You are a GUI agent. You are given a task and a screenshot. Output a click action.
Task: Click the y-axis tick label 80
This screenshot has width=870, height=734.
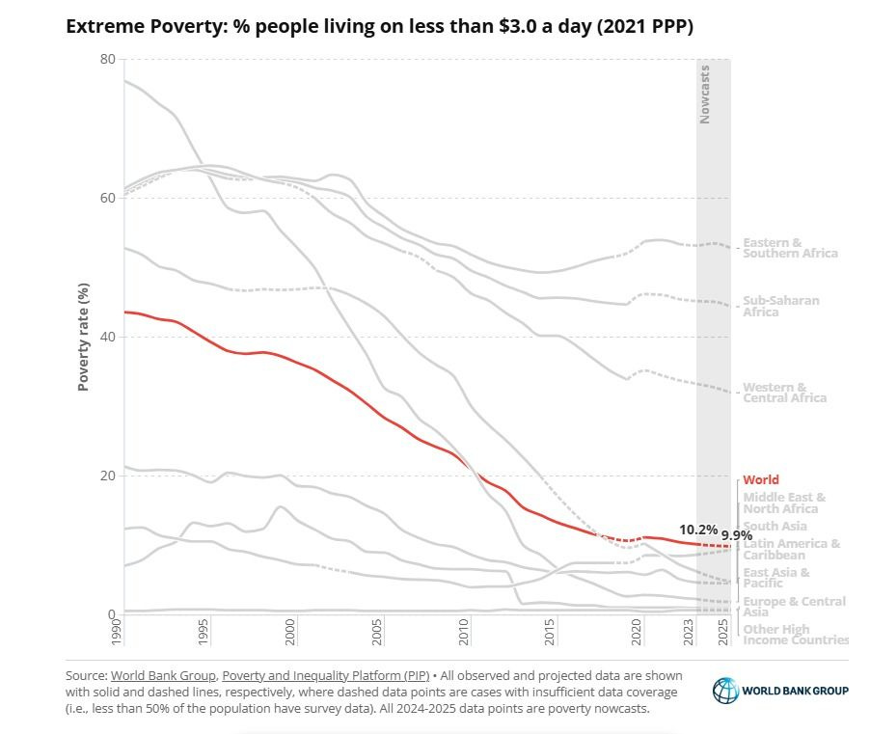[x=107, y=59]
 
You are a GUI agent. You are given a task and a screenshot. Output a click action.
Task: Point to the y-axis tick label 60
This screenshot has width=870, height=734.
[x=107, y=198]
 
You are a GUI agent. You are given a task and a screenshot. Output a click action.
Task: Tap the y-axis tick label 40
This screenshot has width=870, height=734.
[x=107, y=337]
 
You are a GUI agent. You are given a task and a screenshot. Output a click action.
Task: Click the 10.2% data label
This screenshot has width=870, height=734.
[x=697, y=530]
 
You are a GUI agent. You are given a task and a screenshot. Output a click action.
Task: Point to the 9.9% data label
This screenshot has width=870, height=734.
[x=736, y=535]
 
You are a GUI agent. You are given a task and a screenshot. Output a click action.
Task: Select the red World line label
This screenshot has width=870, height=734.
[x=760, y=479]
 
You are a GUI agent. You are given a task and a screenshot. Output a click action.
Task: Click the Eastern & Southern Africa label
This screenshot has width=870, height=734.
[x=789, y=248]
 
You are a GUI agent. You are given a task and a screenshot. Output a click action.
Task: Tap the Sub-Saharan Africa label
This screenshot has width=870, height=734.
[x=780, y=306]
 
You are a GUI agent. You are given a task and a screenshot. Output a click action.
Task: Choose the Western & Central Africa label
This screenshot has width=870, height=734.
[x=784, y=393]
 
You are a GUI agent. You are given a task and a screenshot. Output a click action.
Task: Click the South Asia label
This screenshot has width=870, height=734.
[x=775, y=526]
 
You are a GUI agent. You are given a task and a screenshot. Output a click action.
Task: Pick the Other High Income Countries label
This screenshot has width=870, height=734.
[x=795, y=635]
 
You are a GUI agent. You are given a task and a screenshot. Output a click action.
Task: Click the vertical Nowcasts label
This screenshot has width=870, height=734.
[x=705, y=94]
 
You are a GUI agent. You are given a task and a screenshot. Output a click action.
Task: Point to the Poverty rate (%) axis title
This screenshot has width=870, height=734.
[x=84, y=337]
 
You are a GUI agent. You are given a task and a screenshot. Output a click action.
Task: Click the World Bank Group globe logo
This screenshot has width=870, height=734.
[x=725, y=690]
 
